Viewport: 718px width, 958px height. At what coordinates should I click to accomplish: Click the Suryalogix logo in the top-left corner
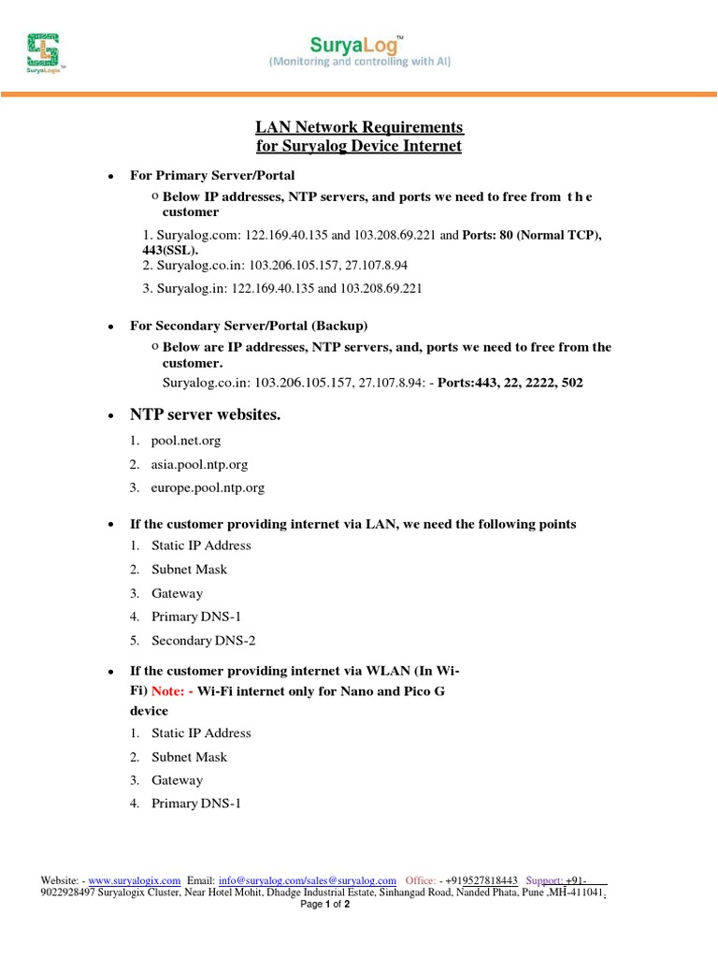(44, 54)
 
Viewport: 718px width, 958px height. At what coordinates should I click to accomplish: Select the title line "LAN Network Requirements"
(360, 127)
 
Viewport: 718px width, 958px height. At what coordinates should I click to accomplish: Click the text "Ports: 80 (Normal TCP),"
(533, 235)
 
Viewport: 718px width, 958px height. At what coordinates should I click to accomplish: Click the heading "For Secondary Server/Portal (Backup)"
(249, 326)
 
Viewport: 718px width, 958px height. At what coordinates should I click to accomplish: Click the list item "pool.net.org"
(186, 440)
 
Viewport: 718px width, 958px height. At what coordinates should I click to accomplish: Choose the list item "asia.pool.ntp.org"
(199, 464)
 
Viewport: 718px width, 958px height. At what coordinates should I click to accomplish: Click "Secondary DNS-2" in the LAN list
(203, 641)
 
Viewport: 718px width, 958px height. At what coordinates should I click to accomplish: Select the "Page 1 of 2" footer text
(324, 906)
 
